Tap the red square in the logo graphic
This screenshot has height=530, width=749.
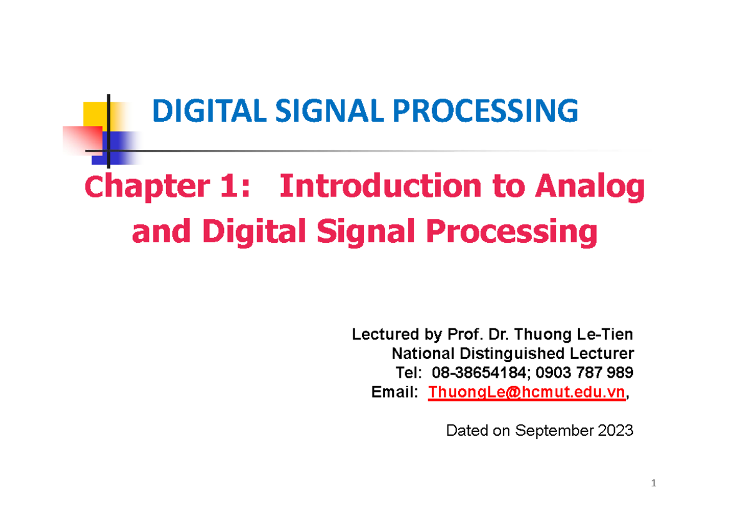(x=82, y=140)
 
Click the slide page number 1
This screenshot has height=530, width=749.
(x=653, y=484)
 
